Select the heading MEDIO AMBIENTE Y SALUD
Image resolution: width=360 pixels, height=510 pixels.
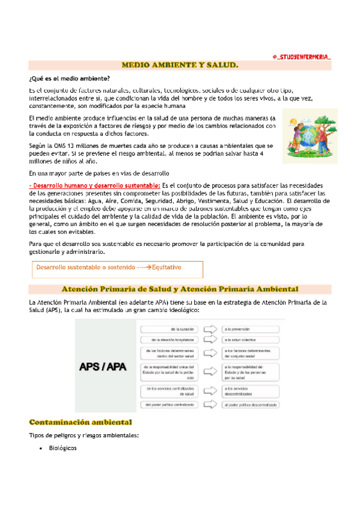pyautogui.click(x=180, y=64)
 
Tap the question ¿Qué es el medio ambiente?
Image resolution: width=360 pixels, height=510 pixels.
pyautogui.click(x=69, y=79)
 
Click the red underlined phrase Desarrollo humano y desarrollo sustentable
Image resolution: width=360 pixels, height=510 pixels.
pyautogui.click(x=94, y=185)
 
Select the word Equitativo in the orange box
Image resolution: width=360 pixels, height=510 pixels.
pyautogui.click(x=166, y=267)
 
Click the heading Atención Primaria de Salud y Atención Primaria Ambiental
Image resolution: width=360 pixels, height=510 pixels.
pyautogui.click(x=180, y=289)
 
